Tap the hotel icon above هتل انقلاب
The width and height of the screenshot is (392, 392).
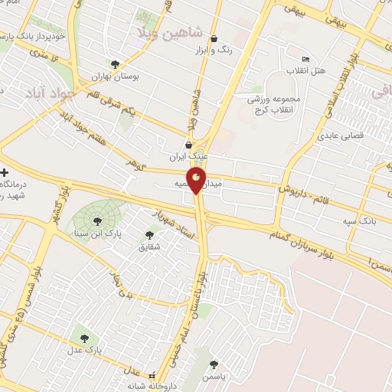[x=306, y=60]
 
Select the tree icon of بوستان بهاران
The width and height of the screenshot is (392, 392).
[x=115, y=65]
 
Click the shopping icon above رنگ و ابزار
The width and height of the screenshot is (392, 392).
[x=213, y=39]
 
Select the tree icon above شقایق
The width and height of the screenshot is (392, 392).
[x=150, y=235]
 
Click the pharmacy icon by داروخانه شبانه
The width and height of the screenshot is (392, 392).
[x=152, y=376]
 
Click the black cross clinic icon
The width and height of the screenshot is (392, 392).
[x=5, y=172]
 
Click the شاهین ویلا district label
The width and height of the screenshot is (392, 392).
[x=168, y=31]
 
